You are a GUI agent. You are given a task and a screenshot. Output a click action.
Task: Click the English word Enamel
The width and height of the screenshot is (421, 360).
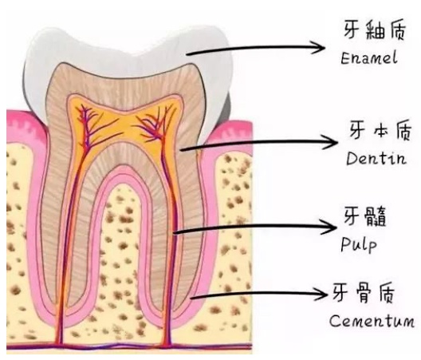[x=369, y=58]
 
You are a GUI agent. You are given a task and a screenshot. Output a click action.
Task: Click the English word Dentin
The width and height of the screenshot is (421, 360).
[x=376, y=158]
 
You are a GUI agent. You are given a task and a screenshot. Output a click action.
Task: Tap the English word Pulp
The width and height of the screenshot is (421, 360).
[x=359, y=245]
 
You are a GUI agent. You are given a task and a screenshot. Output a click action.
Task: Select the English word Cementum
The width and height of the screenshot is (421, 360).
[x=372, y=320]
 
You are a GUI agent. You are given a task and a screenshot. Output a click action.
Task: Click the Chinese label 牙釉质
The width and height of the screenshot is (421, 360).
[x=375, y=30]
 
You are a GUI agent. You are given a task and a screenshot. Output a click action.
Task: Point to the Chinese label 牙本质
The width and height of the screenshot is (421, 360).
[x=380, y=130]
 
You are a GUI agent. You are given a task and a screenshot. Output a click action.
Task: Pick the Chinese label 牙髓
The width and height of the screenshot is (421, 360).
[x=365, y=216]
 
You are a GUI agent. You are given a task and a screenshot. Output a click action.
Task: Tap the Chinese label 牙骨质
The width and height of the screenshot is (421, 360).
[x=364, y=293]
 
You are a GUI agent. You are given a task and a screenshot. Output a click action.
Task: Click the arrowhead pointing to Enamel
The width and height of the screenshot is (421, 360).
[x=319, y=48]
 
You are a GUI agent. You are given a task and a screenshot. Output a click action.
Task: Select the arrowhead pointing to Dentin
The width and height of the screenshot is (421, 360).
[x=331, y=142]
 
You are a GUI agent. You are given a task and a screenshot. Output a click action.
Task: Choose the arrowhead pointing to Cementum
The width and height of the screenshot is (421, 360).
[x=321, y=293]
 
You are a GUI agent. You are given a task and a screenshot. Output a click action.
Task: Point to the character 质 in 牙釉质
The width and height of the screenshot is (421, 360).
[x=395, y=30]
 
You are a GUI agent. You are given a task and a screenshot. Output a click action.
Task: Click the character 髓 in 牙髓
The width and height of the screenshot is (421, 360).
[x=376, y=216]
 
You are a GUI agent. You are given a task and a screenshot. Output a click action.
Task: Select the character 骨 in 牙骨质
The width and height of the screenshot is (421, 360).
[x=364, y=293]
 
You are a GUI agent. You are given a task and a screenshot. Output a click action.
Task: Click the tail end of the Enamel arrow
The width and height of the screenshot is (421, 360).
[x=187, y=54]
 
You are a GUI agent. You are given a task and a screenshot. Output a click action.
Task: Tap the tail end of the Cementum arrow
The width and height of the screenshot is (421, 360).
[x=191, y=298]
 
